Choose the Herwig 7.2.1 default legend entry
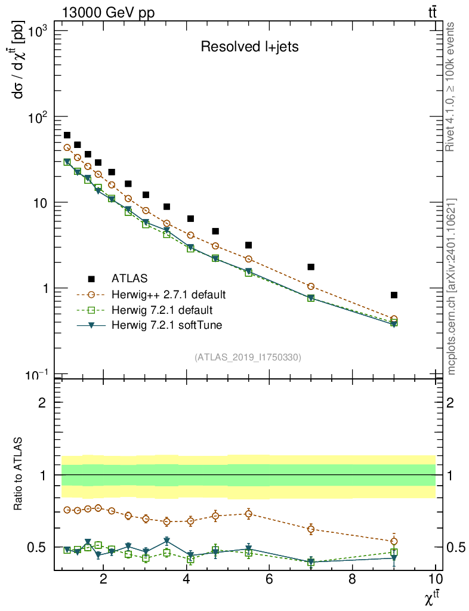162,310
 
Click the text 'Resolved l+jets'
249,47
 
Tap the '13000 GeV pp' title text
108,13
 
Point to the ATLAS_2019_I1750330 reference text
248,357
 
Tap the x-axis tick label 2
104,578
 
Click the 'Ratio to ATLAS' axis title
19,475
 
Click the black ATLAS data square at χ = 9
394,295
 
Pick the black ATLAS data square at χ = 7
311,267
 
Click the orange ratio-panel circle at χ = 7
311,529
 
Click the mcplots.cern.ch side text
452,286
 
